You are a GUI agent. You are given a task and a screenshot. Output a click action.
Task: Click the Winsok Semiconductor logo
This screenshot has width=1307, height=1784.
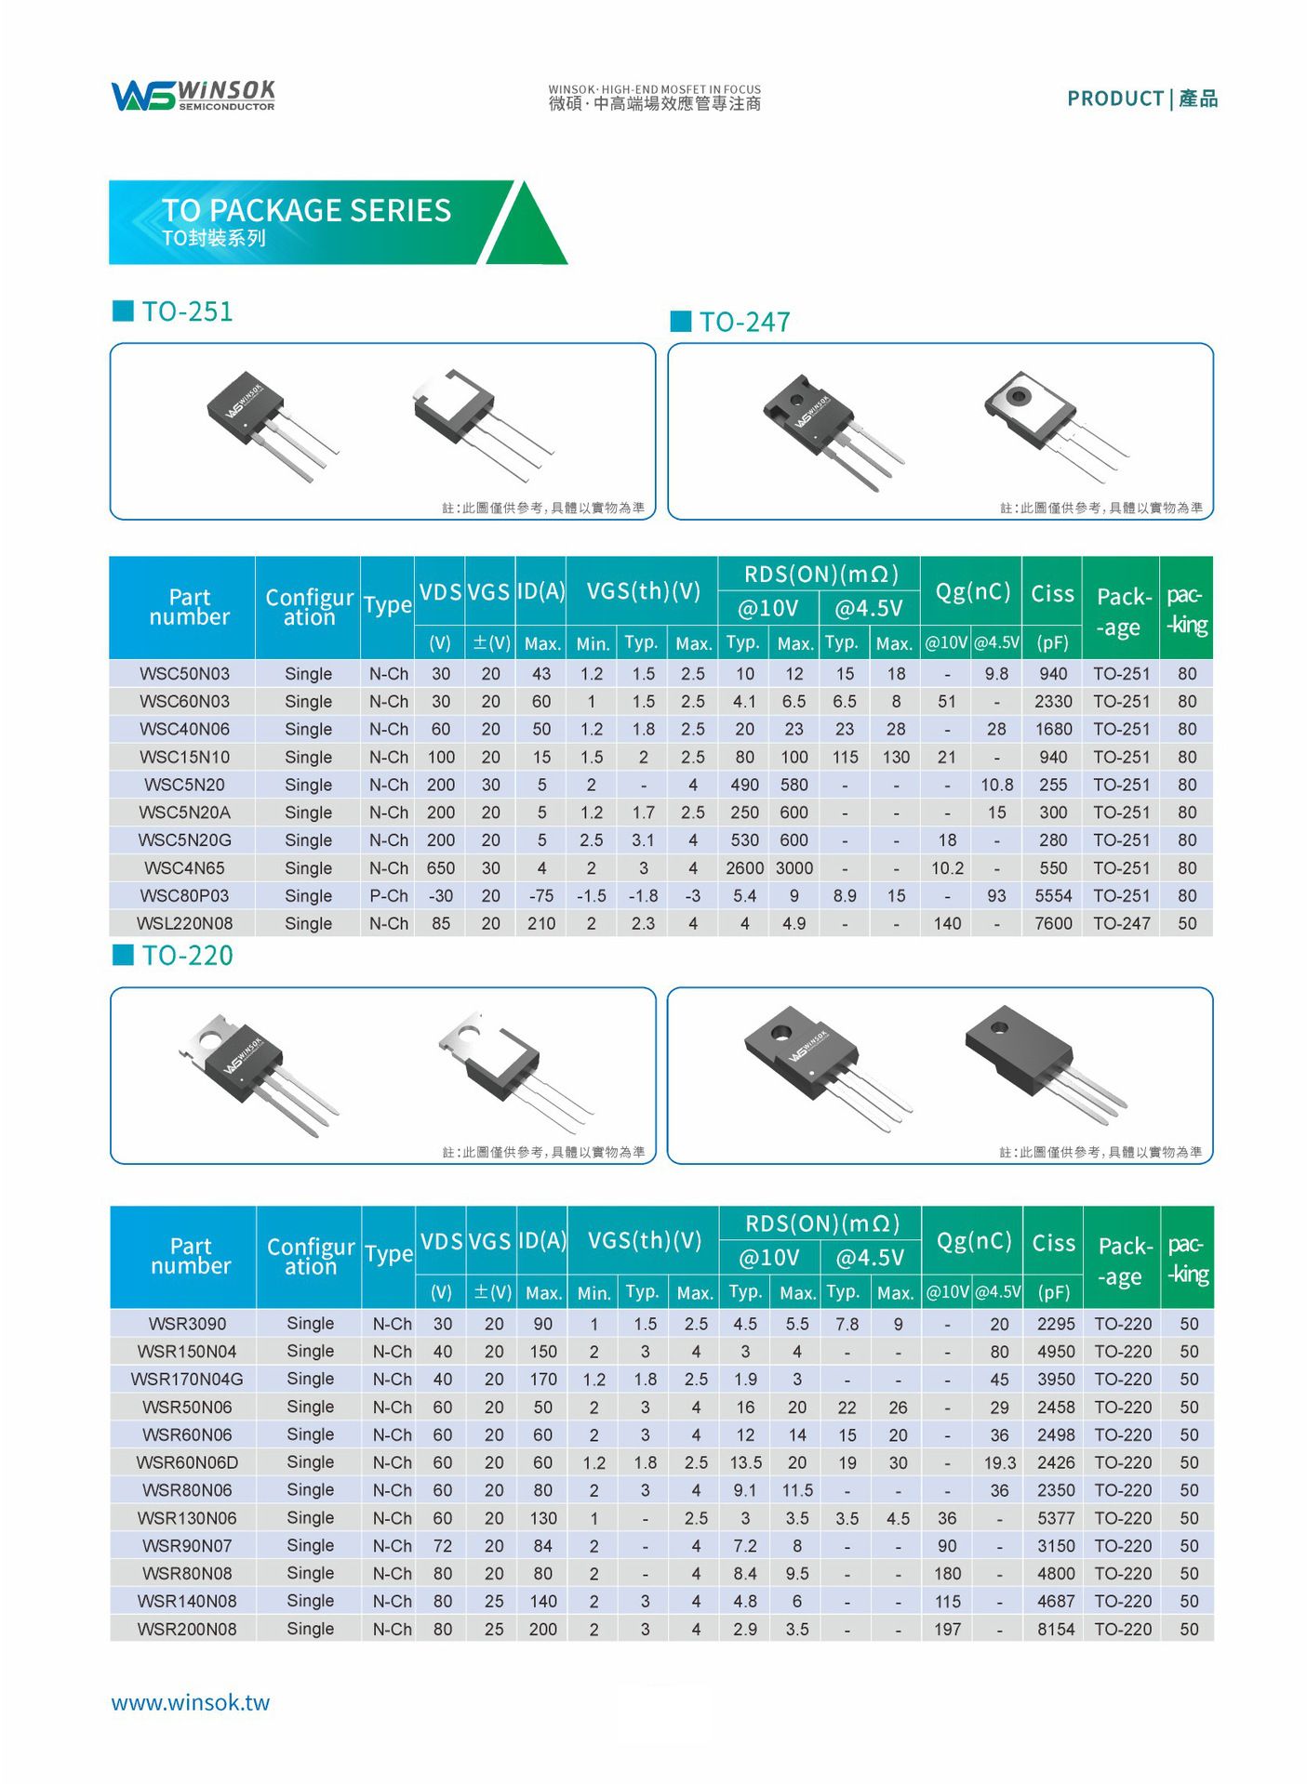pyautogui.click(x=193, y=95)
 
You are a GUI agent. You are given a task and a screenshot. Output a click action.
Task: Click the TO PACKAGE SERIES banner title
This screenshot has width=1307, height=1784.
pyautogui.click(x=306, y=211)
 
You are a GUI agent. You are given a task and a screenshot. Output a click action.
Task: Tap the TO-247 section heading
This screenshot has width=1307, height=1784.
pyautogui.click(x=743, y=323)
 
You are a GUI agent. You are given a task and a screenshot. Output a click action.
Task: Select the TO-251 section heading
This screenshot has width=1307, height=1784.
pyautogui.click(x=186, y=311)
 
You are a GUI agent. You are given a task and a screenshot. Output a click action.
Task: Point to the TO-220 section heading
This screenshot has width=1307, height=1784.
pyautogui.click(x=186, y=956)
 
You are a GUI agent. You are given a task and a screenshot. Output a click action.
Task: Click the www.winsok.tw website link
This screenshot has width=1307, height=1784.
pyautogui.click(x=190, y=1702)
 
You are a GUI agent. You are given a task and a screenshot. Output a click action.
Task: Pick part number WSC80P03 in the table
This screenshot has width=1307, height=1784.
pyautogui.click(x=184, y=895)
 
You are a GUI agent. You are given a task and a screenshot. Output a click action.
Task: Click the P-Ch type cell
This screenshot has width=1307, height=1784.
pyautogui.click(x=388, y=895)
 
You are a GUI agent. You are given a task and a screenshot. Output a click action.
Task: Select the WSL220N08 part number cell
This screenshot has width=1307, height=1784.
pyautogui.click(x=184, y=923)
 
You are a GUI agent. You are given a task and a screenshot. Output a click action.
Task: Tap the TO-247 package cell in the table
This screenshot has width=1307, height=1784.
pyautogui.click(x=1121, y=923)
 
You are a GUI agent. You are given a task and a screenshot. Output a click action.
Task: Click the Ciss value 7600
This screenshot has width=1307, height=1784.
pyautogui.click(x=1053, y=923)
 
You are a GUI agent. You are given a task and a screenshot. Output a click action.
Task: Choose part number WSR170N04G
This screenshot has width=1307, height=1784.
pyautogui.click(x=187, y=1379)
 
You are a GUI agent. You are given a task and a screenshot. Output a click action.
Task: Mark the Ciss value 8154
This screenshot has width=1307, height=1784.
pyautogui.click(x=1055, y=1629)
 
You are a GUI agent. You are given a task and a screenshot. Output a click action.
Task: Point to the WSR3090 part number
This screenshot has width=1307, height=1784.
pyautogui.click(x=187, y=1323)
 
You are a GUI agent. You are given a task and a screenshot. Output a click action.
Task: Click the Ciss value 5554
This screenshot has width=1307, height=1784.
pyautogui.click(x=1053, y=895)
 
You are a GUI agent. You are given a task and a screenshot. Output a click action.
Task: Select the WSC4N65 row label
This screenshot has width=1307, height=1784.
pyautogui.click(x=184, y=867)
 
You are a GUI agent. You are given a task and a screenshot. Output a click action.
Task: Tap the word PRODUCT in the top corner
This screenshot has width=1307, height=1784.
pyautogui.click(x=1114, y=99)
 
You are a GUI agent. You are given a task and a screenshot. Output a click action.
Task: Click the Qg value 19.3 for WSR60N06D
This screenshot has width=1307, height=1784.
pyautogui.click(x=999, y=1462)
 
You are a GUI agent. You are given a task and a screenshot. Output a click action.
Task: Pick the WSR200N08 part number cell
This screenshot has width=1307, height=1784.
pyautogui.click(x=187, y=1629)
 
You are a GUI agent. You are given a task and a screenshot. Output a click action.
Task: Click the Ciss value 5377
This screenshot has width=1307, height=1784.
pyautogui.click(x=1055, y=1518)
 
